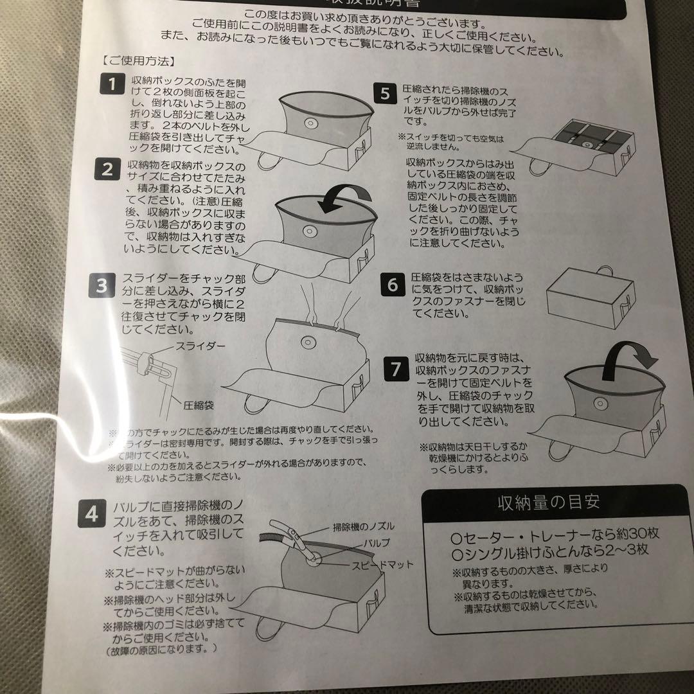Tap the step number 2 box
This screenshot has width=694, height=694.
pos(107,170)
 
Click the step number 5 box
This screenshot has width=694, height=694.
pos(385,94)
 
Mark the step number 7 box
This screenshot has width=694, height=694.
pos(396,369)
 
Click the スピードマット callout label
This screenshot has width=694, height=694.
pos(382,565)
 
